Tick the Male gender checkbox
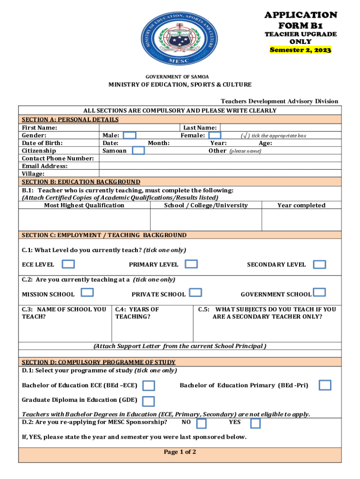click(130, 135)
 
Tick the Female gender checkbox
click(215, 135)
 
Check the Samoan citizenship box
click(138, 151)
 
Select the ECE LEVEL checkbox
click(68, 264)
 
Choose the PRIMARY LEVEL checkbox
click(191, 264)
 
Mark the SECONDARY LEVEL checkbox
click(319, 265)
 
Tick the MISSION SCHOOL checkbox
click(87, 292)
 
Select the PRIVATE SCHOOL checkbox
click(195, 293)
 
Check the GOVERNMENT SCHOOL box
click(319, 292)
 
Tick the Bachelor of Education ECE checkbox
click(149, 385)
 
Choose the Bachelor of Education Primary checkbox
click(324, 385)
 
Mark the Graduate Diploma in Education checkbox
click(148, 401)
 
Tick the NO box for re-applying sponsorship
click(202, 423)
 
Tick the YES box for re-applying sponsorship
click(255, 423)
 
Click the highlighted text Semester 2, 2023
click(301, 50)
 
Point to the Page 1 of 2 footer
click(180, 452)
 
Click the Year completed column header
click(301, 205)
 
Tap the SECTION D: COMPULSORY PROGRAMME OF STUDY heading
click(99, 362)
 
